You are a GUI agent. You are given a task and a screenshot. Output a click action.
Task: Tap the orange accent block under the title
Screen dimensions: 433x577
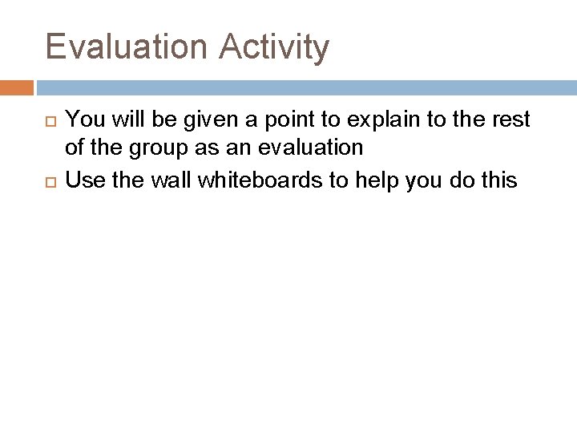coord(16,87)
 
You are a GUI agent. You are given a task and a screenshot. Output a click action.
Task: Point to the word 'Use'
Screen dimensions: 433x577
coord(81,180)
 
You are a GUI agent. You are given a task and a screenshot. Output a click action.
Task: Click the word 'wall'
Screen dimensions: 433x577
coord(163,180)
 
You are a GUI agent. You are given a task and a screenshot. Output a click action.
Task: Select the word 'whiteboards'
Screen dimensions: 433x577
coord(256,180)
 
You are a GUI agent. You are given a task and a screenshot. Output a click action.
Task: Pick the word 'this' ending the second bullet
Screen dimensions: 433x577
coord(501,180)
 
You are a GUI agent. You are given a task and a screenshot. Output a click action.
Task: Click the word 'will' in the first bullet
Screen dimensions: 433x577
coord(119,120)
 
